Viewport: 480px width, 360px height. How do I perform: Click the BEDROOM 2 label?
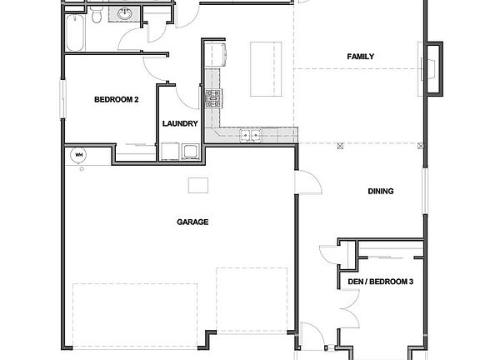[116, 100]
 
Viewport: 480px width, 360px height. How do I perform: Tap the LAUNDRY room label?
[180, 124]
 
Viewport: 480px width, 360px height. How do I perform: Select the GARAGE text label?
[192, 222]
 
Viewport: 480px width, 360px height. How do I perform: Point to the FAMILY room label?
[360, 57]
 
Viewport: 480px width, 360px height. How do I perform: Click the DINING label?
[380, 192]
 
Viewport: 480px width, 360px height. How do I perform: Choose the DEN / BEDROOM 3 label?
[380, 282]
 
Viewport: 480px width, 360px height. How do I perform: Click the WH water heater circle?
[80, 155]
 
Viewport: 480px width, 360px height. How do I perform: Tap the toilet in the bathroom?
[98, 16]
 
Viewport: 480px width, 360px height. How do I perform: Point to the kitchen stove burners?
[212, 100]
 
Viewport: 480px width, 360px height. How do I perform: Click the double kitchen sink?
[249, 134]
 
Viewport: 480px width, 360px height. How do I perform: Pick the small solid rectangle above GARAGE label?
[197, 184]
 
